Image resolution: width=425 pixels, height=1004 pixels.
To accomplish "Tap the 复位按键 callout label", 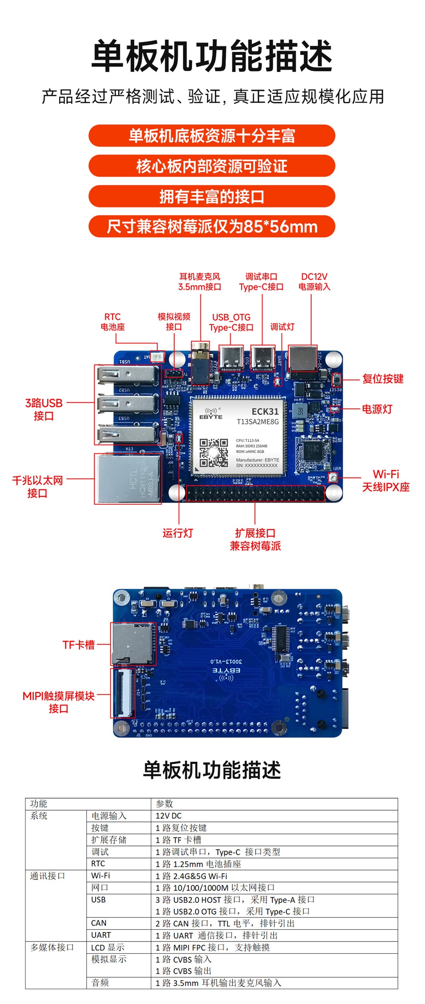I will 382,379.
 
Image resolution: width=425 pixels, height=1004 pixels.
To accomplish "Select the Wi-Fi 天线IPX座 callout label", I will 385,481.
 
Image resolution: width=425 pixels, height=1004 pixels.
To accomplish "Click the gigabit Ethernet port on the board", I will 128,479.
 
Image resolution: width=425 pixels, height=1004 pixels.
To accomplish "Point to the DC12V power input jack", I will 303,358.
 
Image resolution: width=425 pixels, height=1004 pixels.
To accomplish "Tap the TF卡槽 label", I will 79,645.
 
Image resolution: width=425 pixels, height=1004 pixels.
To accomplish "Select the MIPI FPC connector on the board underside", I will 124,693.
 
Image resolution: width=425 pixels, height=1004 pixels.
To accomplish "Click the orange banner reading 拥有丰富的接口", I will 212,197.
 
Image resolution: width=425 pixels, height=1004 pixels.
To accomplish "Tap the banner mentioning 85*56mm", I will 212,227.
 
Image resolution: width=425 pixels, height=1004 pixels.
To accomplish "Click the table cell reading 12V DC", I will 168,816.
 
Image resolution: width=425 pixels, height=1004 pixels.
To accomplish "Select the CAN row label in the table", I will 99,923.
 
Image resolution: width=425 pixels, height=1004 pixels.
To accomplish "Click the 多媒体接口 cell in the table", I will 52,947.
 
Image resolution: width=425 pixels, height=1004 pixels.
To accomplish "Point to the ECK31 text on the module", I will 265,411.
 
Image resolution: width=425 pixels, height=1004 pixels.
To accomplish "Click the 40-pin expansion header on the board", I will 255,493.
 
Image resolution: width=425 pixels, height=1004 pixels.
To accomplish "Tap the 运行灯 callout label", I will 178,533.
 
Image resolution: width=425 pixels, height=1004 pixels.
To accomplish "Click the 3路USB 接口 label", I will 44,409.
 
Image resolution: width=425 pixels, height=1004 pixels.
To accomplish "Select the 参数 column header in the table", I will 164,804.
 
